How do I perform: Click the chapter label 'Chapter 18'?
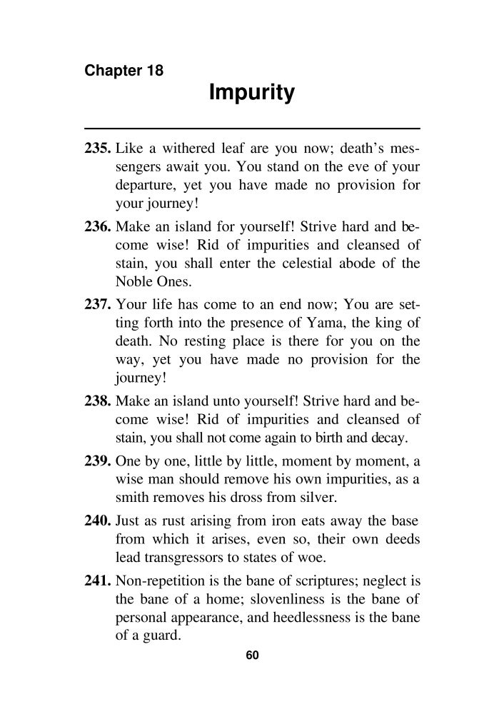124,71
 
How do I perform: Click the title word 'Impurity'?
251,94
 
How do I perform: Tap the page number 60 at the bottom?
251,656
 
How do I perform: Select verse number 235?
97,151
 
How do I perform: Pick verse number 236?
97,228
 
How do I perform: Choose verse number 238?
97,403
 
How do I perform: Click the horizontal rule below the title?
251,128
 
